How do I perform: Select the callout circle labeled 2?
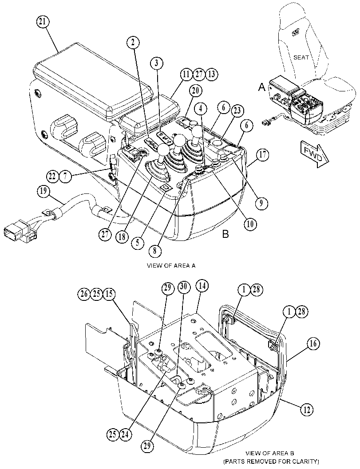pyautogui.click(x=133, y=43)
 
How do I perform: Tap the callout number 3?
pyautogui.click(x=157, y=63)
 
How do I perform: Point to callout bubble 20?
pyautogui.click(x=195, y=91)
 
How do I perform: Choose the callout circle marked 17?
pyautogui.click(x=262, y=155)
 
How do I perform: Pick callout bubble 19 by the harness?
pyautogui.click(x=44, y=191)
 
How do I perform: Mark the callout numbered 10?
pyautogui.click(x=250, y=224)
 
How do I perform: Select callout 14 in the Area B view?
pyautogui.click(x=202, y=286)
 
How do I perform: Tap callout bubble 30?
pyautogui.click(x=184, y=287)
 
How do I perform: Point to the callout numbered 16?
pyautogui.click(x=313, y=344)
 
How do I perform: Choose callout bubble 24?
pyautogui.click(x=125, y=434)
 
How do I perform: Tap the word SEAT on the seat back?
pyautogui.click(x=301, y=57)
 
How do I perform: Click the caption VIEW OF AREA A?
pyautogui.click(x=171, y=265)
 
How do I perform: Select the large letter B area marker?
pyautogui.click(x=225, y=234)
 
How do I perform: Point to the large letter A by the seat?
pyautogui.click(x=262, y=87)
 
